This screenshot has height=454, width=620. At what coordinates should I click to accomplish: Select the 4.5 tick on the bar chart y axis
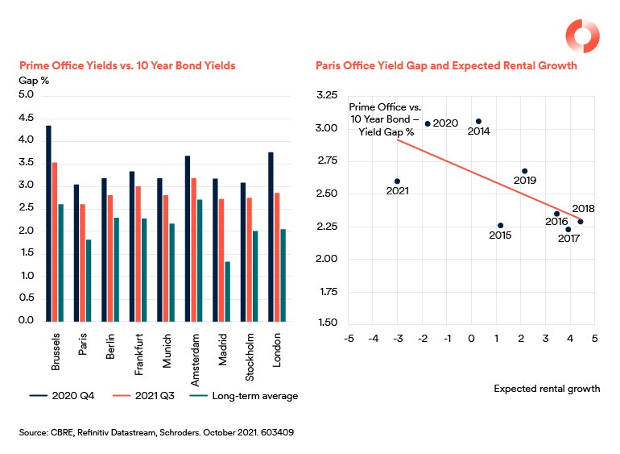[x=26, y=118]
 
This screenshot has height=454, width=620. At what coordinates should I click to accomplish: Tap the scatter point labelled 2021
[x=397, y=181]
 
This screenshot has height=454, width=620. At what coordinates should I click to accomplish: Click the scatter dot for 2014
[x=478, y=121]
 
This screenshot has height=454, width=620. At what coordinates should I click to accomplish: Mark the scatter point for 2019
[x=524, y=171]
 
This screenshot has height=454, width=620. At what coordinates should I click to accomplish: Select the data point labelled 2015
[x=500, y=226]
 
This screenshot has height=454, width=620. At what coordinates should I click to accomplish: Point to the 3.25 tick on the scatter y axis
[x=326, y=95]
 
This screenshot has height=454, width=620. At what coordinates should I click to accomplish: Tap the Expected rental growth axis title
[x=546, y=389]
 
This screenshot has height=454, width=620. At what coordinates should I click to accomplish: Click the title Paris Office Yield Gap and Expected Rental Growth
[x=446, y=66]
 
